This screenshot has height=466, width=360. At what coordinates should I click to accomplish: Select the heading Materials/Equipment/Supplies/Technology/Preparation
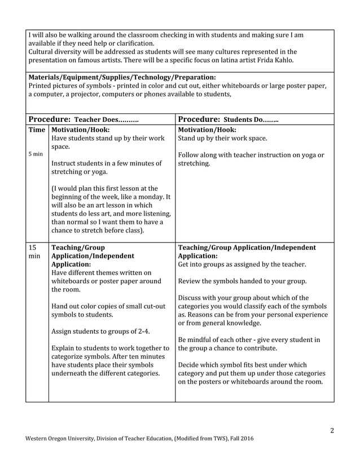point(121,77)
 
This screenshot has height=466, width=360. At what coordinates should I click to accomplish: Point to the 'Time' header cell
point(37,129)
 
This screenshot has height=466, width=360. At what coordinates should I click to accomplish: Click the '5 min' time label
point(35,153)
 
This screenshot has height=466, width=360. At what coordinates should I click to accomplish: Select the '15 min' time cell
point(34,251)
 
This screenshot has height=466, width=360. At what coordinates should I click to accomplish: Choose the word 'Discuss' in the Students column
point(192,298)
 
